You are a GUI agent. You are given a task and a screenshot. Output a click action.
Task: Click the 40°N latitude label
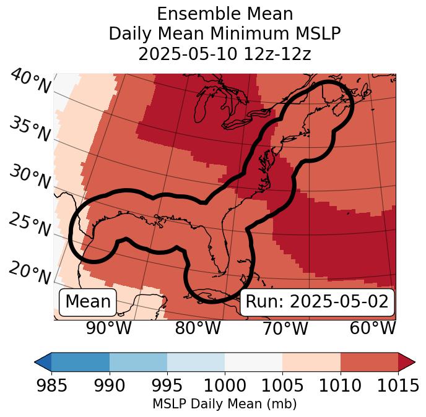point(30,82)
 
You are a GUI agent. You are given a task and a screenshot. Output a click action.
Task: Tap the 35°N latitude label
point(30,129)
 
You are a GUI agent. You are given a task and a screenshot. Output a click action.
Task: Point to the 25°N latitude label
point(30,225)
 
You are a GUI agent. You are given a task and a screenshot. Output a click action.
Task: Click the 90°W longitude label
point(109,329)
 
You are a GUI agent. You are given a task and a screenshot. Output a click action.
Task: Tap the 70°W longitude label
point(285,329)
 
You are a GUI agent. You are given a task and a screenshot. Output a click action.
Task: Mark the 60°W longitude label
point(373,329)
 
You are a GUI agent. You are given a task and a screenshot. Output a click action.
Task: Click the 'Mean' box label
point(88,302)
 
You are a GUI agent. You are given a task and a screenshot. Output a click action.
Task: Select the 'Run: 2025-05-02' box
point(317,302)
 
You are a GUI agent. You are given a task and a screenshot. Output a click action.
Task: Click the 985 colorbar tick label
point(51,386)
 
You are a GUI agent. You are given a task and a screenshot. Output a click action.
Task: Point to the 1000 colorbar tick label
point(225,386)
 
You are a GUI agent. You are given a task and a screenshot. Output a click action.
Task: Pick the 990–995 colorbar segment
point(138,361)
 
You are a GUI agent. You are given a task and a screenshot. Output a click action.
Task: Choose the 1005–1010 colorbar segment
point(311,361)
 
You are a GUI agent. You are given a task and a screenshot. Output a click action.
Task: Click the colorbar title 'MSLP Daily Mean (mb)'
point(224,405)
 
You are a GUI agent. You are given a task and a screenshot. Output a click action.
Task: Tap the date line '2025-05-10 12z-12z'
point(224,54)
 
